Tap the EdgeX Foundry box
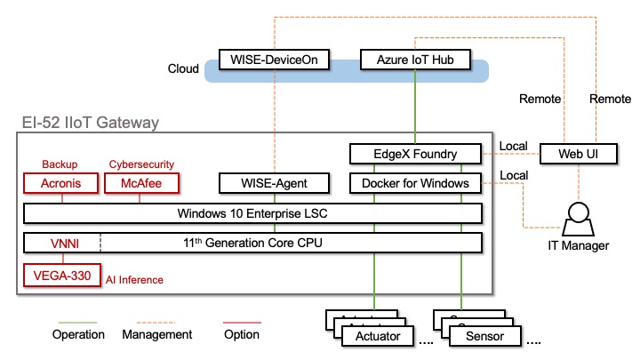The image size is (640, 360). pos(416,154)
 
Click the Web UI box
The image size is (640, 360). pos(575,154)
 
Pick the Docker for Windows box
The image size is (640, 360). pos(416,184)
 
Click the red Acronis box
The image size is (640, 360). pos(61,184)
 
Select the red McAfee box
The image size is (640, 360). pos(141,184)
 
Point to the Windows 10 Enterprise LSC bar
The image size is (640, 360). pos(252,213)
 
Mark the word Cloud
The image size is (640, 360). pos(183,68)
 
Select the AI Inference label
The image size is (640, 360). pos(135,280)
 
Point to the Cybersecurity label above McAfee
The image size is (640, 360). pos(141,164)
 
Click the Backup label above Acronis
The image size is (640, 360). pos(61,164)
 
